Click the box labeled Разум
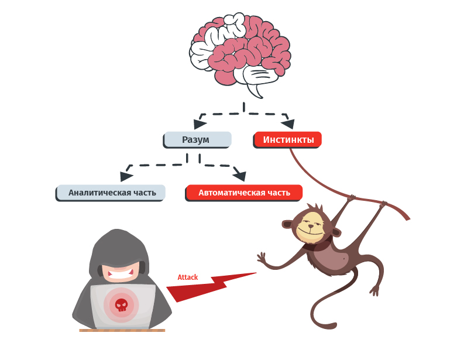pos(197,140)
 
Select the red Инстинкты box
pos(287,140)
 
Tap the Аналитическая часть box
pos(111,193)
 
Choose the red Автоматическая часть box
pos(243,193)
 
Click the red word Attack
pos(188,277)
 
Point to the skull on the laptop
pos(122,304)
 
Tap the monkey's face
pos(311,227)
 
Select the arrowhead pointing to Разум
pos(200,124)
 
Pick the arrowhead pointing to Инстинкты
pos(288,124)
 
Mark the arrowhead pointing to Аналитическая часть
pos(126,176)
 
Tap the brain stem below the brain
pos(255,90)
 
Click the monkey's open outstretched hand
pos(262,259)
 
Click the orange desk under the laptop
pos(122,330)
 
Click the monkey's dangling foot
pos(375,291)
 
